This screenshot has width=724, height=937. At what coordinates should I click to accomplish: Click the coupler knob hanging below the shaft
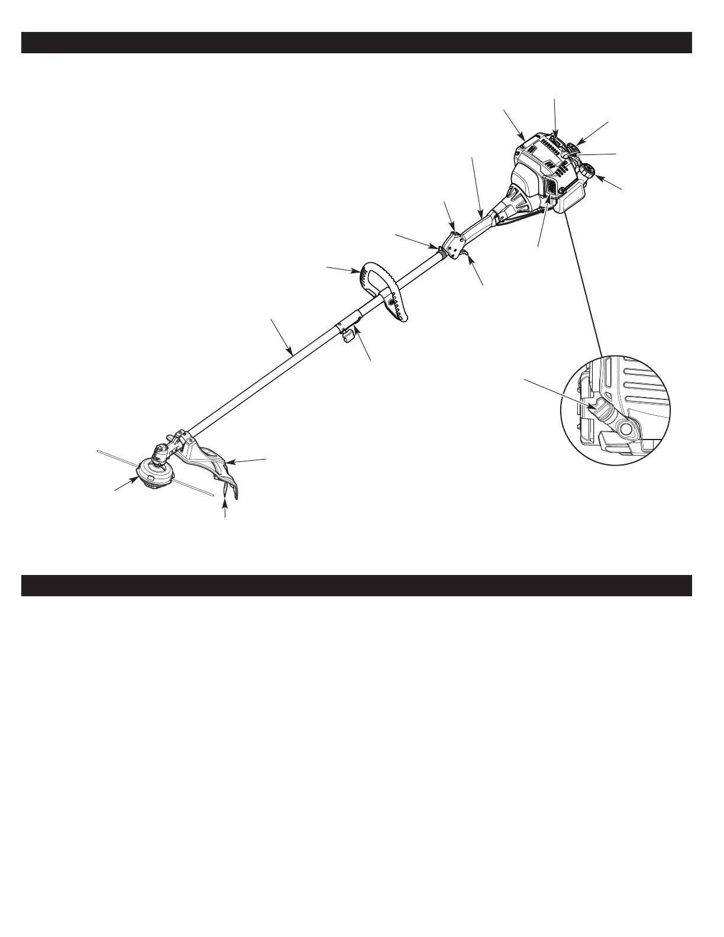point(347,336)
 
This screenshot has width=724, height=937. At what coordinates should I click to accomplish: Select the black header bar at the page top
point(356,43)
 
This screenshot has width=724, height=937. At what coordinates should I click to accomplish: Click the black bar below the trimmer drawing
point(356,585)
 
